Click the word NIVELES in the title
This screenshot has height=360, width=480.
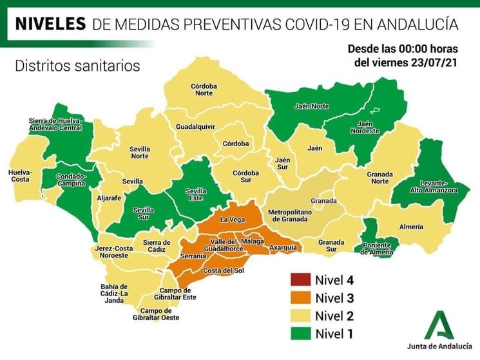[50, 24]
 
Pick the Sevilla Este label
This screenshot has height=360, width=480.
[196, 193]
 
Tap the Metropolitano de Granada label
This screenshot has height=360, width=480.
[290, 215]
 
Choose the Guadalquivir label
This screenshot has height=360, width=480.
[195, 127]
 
